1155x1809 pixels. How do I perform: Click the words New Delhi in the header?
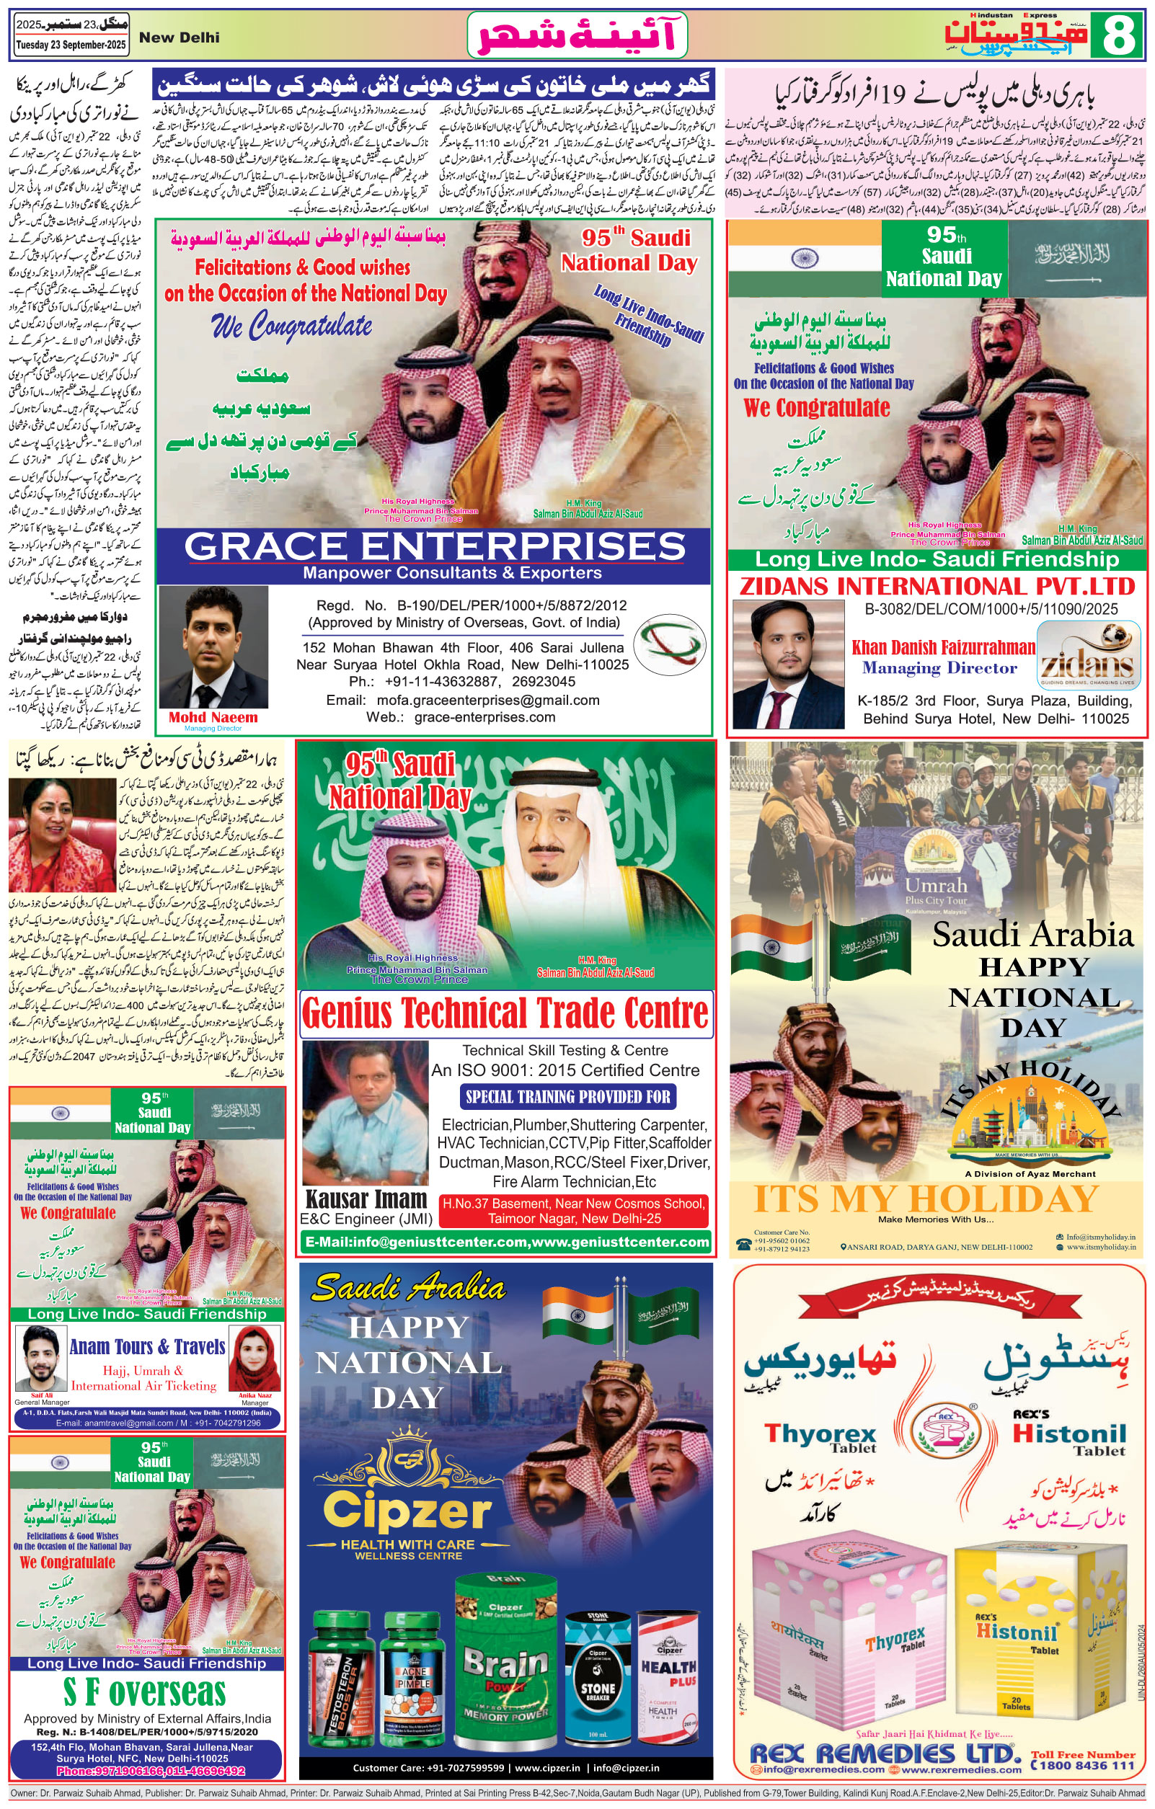(x=179, y=37)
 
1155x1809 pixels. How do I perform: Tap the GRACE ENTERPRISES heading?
(x=435, y=546)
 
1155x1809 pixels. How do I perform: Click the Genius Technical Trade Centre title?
(x=505, y=1013)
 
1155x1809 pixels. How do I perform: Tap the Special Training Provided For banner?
(x=567, y=1097)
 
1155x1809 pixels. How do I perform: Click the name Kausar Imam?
(x=366, y=1198)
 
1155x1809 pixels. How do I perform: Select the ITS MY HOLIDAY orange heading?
(x=926, y=1199)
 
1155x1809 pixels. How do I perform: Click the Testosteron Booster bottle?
(x=340, y=1686)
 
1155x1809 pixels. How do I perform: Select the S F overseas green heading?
(x=144, y=1692)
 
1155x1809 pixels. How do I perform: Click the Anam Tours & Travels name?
(x=147, y=1346)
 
